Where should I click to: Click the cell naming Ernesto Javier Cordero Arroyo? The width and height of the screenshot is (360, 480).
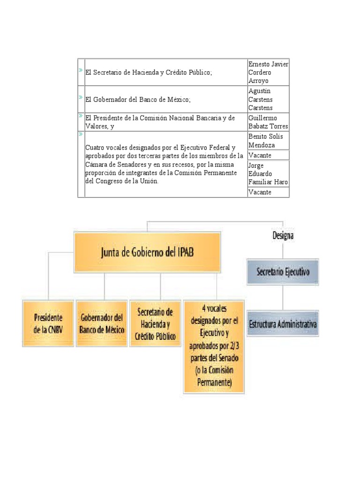pos(268,72)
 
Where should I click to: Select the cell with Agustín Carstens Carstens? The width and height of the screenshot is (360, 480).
pos(268,99)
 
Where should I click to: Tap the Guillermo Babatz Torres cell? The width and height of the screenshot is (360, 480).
pos(268,122)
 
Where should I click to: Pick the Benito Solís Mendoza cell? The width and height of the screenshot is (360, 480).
pos(268,140)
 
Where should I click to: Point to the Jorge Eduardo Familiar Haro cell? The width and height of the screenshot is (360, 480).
pos(268,173)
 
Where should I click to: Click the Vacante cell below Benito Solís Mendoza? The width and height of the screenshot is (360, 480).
pos(268,155)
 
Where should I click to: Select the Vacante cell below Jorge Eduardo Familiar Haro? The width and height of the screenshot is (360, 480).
pos(268,192)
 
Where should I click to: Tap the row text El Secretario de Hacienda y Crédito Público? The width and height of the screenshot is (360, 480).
pos(149,73)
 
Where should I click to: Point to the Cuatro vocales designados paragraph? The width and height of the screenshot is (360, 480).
pos(164,164)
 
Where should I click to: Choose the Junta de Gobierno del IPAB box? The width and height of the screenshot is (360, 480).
pos(147,253)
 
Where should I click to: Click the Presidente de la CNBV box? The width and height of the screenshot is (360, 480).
pos(48,323)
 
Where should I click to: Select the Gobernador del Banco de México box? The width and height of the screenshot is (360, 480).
pos(102,323)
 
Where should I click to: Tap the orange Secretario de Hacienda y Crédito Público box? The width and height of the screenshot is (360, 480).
pos(155,323)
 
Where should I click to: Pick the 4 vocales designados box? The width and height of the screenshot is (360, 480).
pos(214,346)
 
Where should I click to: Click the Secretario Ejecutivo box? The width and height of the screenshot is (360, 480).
pos(283,272)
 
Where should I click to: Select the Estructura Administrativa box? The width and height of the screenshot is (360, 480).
pos(283,323)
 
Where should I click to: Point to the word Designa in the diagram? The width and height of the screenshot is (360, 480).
pos(283,236)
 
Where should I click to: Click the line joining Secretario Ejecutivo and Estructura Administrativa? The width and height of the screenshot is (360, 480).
pos(283,297)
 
